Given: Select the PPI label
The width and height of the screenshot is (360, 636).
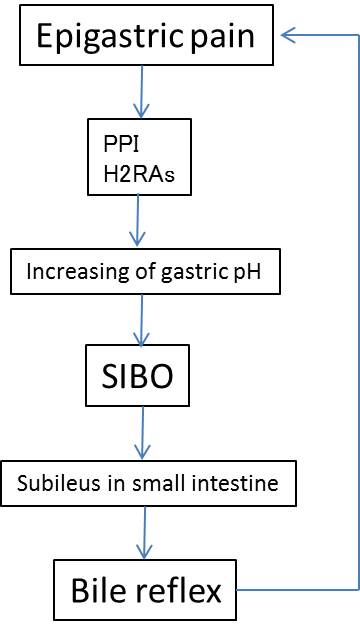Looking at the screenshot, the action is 121,144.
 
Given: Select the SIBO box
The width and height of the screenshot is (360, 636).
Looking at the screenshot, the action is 137,375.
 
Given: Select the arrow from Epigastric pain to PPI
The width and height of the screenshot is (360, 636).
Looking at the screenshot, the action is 141,92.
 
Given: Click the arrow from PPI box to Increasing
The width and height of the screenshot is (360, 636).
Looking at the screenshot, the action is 137,220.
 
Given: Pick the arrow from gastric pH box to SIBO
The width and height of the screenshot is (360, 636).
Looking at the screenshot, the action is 141,320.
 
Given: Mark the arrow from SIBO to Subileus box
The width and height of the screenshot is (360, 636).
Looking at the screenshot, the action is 142,433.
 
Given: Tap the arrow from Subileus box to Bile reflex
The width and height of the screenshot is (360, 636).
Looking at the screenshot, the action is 144,533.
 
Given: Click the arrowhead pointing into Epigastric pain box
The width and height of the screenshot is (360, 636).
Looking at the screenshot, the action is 288,36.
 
